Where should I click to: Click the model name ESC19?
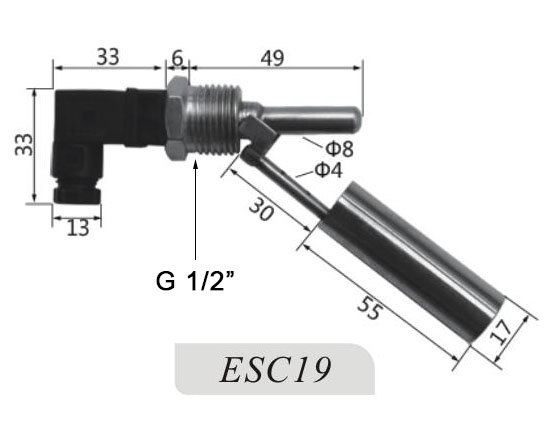point(275,369)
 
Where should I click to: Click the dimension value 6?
point(178,58)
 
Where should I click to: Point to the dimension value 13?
point(78,228)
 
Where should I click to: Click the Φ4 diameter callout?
point(329,169)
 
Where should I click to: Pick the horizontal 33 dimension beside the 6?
point(108,58)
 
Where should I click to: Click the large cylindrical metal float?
point(415,265)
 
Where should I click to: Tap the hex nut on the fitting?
point(177,119)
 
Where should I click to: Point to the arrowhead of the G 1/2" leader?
point(196,165)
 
